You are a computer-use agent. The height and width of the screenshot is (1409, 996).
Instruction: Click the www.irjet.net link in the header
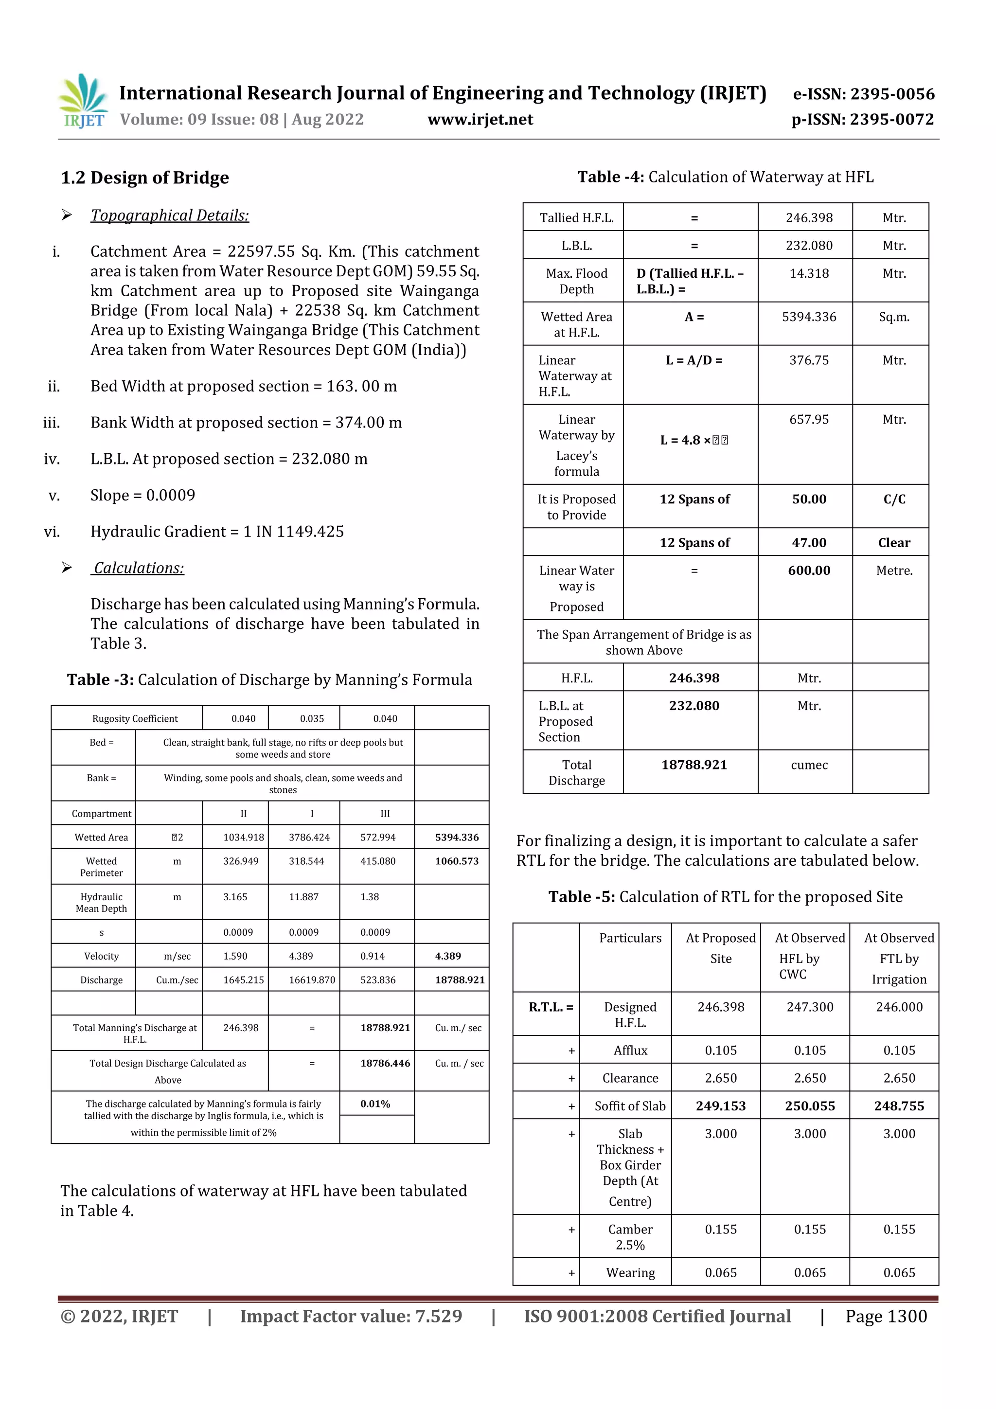480,120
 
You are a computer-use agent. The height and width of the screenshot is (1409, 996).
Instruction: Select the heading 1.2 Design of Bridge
145,178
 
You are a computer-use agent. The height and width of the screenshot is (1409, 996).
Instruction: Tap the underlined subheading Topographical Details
170,215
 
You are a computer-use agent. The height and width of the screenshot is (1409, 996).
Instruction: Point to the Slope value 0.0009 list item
142,495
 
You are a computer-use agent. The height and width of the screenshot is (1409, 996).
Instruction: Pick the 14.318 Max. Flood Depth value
808,274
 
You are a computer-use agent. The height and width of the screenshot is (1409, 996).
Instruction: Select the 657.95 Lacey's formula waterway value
808,420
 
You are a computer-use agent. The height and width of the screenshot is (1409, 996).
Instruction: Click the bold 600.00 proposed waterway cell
808,571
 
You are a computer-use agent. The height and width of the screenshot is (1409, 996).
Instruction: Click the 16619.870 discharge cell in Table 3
312,980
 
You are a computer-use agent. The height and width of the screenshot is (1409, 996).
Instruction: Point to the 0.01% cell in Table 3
375,1104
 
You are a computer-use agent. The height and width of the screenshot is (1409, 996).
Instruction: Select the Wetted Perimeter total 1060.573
457,861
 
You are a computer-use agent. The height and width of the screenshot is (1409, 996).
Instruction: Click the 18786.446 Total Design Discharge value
385,1064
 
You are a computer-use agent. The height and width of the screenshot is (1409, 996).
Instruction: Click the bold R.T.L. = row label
551,1007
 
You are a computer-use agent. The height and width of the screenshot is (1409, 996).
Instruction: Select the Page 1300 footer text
886,1316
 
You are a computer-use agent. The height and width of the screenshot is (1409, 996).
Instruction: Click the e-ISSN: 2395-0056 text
863,94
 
